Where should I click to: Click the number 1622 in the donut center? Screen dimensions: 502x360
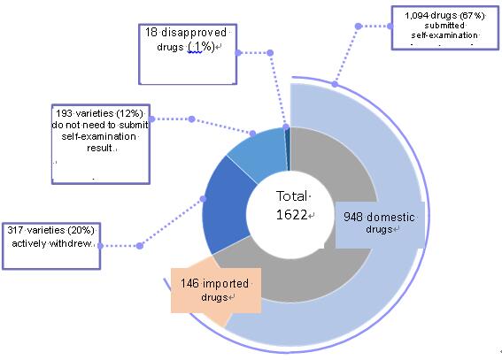pyautogui.click(x=291, y=215)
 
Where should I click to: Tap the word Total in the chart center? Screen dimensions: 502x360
pyautogui.click(x=291, y=196)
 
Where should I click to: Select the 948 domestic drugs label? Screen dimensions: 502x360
pyautogui.click(x=379, y=223)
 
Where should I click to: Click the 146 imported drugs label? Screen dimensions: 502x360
pyautogui.click(x=214, y=290)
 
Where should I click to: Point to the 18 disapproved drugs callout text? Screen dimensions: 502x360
pyautogui.click(x=186, y=40)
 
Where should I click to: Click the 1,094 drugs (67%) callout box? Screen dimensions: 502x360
pyautogui.click(x=445, y=27)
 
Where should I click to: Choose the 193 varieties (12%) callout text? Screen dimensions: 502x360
pyautogui.click(x=100, y=130)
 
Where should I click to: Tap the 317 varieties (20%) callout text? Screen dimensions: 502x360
pyautogui.click(x=51, y=236)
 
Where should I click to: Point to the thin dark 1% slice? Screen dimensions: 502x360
pyautogui.click(x=288, y=149)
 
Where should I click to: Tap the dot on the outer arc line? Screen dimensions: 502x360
pyautogui.click(x=335, y=84)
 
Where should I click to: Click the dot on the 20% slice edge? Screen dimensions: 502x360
pyautogui.click(x=203, y=199)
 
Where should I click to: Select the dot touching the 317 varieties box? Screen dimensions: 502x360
pyautogui.click(x=100, y=246)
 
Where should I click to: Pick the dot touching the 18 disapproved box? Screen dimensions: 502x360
pyautogui.click(x=238, y=53)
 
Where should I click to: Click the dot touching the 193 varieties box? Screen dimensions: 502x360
pyautogui.click(x=151, y=119)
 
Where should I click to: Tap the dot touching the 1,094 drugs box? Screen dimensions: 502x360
pyautogui.click(x=390, y=26)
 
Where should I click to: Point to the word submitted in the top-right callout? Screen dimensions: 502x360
pyautogui.click(x=444, y=26)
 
